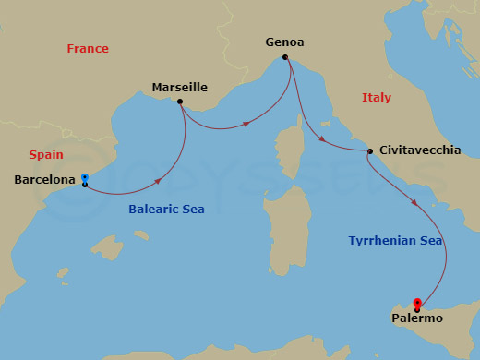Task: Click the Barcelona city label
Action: pyautogui.click(x=45, y=180)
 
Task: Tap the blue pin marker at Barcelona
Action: pyautogui.click(x=84, y=178)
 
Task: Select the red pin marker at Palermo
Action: pyautogui.click(x=417, y=303)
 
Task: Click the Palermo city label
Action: pyautogui.click(x=417, y=318)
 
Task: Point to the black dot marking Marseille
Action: pyautogui.click(x=179, y=102)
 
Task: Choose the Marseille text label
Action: pyautogui.click(x=179, y=88)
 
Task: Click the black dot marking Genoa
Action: pyautogui.click(x=285, y=57)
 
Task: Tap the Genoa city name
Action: pyautogui.click(x=284, y=42)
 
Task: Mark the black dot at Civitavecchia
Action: pyautogui.click(x=369, y=151)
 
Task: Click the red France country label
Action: pyautogui.click(x=88, y=49)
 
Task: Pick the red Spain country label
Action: pyautogui.click(x=46, y=155)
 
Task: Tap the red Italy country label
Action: pyautogui.click(x=376, y=98)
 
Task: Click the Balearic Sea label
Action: pyautogui.click(x=166, y=210)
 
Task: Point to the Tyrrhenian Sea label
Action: pyautogui.click(x=395, y=241)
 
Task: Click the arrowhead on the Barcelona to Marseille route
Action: pyautogui.click(x=161, y=180)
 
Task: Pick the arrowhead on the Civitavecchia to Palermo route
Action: pyautogui.click(x=414, y=202)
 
